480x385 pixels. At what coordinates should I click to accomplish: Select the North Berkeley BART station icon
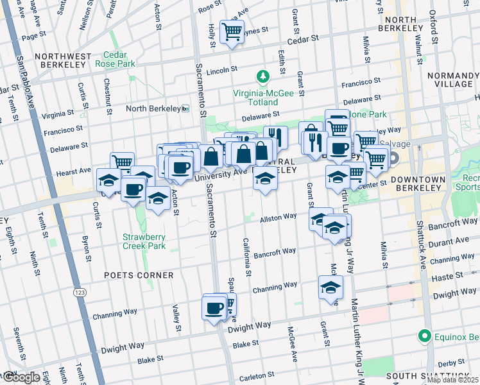(185, 108)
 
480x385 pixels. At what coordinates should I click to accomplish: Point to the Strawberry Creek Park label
(144, 241)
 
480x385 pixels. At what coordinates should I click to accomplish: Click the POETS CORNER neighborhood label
(139, 275)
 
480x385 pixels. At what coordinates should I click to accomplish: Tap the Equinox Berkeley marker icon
(424, 336)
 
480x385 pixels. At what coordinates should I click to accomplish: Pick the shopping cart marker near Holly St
(232, 31)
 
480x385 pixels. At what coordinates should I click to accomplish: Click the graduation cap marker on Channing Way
(330, 287)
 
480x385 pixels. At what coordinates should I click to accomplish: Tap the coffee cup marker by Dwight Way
(214, 307)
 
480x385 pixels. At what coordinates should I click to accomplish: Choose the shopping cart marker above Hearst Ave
(121, 162)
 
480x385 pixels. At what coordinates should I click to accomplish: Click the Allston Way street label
(278, 219)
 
